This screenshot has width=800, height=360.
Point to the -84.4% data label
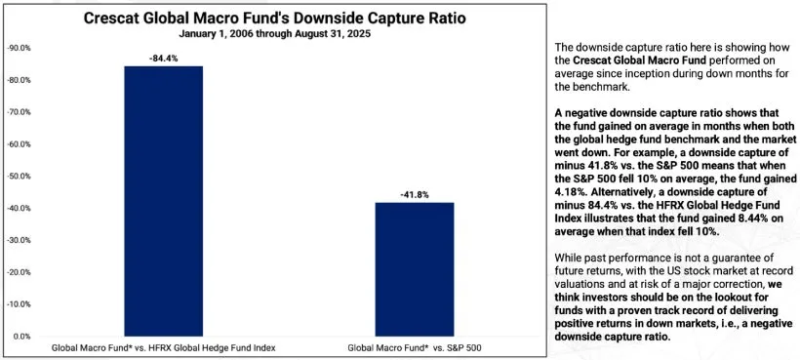pyautogui.click(x=162, y=57)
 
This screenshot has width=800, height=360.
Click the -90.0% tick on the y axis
pyautogui.click(x=19, y=48)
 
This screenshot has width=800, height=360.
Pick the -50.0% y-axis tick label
pyautogui.click(x=19, y=177)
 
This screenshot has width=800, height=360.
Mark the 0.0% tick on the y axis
pyautogui.click(x=20, y=337)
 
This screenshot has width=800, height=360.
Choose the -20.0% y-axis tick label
pyautogui.click(x=19, y=272)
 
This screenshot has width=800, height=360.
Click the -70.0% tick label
pyautogui.click(x=19, y=112)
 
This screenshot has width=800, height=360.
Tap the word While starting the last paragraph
pyautogui.click(x=571, y=257)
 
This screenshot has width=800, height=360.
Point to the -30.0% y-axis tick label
pyautogui.click(x=19, y=240)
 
